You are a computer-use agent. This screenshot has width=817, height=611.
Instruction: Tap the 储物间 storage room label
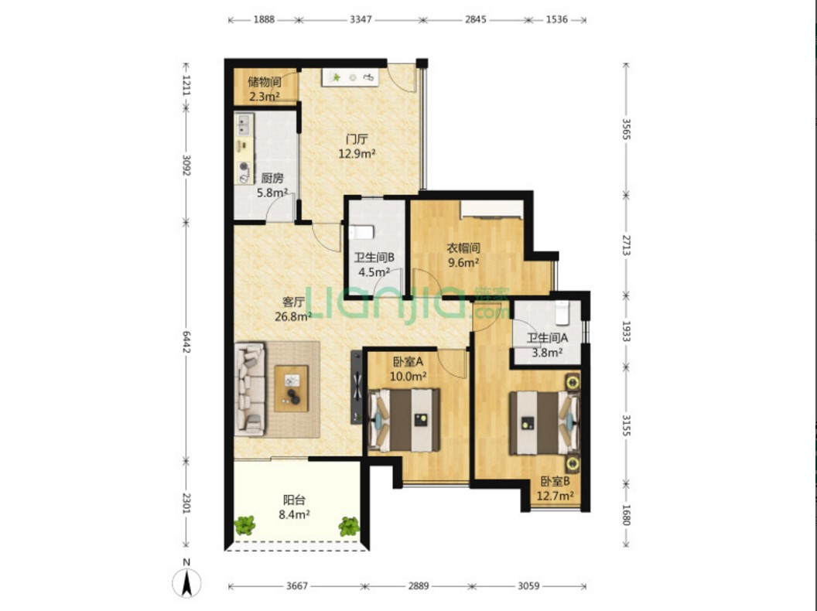click(x=265, y=82)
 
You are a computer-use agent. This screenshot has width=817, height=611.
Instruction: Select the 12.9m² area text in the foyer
click(x=357, y=154)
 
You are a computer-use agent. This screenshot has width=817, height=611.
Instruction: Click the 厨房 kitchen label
click(x=272, y=178)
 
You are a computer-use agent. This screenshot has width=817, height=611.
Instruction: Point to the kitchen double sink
click(x=244, y=125)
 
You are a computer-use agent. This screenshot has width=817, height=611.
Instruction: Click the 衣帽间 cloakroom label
click(x=463, y=248)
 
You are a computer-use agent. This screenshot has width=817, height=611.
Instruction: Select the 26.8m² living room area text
click(x=292, y=316)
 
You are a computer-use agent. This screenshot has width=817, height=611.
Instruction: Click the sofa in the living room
click(x=250, y=388)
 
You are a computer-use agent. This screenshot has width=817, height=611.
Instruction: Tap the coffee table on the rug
click(x=292, y=388)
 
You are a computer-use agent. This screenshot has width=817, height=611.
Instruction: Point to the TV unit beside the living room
click(x=357, y=387)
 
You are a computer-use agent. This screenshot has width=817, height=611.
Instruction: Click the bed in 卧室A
click(x=405, y=420)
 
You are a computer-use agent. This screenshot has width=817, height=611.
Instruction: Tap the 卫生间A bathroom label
click(x=547, y=338)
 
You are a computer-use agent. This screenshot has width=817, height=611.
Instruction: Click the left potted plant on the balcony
click(x=244, y=526)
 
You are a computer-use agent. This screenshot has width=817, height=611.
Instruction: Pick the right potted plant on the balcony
click(x=349, y=526)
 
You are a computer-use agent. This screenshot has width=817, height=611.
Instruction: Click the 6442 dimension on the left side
click(x=186, y=342)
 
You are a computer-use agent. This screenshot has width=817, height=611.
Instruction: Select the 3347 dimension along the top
click(x=361, y=20)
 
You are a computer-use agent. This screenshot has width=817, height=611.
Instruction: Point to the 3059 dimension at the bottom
click(x=528, y=586)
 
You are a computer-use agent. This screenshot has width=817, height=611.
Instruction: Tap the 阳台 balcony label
click(x=294, y=500)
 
